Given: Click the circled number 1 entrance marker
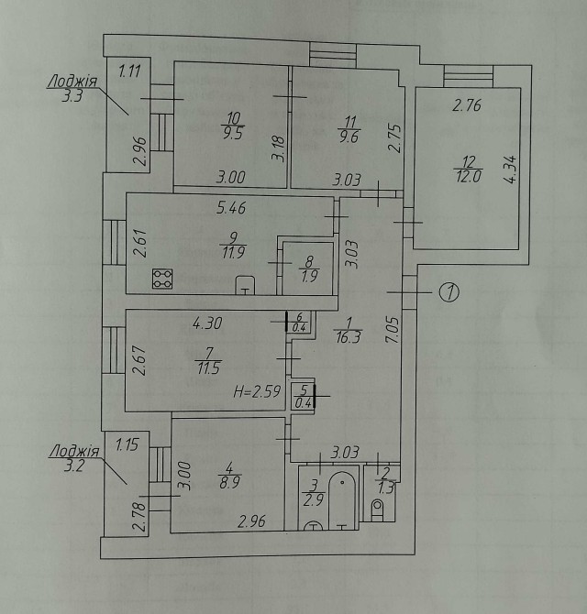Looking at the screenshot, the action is pyautogui.click(x=449, y=292).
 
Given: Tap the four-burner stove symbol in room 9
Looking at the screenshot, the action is pyautogui.click(x=162, y=279).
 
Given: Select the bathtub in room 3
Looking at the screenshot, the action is pyautogui.click(x=342, y=501).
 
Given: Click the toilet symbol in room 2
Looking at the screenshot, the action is pyautogui.click(x=377, y=510).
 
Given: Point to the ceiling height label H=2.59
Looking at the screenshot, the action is pyautogui.click(x=258, y=391).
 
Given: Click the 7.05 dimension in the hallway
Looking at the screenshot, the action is pyautogui.click(x=393, y=330).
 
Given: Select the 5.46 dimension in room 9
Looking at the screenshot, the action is pyautogui.click(x=231, y=207).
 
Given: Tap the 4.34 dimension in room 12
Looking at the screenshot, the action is pyautogui.click(x=511, y=170).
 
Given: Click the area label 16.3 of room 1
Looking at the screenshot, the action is pyautogui.click(x=349, y=336).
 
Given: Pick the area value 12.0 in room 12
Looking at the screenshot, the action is pyautogui.click(x=469, y=177).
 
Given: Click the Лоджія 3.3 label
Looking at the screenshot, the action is pyautogui.click(x=72, y=89).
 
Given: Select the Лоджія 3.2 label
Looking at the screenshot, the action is pyautogui.click(x=74, y=458).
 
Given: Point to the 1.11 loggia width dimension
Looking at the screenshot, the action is pyautogui.click(x=129, y=71).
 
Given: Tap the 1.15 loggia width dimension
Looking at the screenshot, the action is pyautogui.click(x=127, y=445).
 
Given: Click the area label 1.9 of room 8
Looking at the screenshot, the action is pyautogui.click(x=310, y=277).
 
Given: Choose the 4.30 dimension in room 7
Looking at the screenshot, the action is pyautogui.click(x=207, y=323).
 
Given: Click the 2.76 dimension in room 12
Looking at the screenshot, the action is pyautogui.click(x=467, y=105).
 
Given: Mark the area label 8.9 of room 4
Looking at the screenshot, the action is pyautogui.click(x=229, y=482).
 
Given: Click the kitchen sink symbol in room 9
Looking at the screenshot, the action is pyautogui.click(x=245, y=285).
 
